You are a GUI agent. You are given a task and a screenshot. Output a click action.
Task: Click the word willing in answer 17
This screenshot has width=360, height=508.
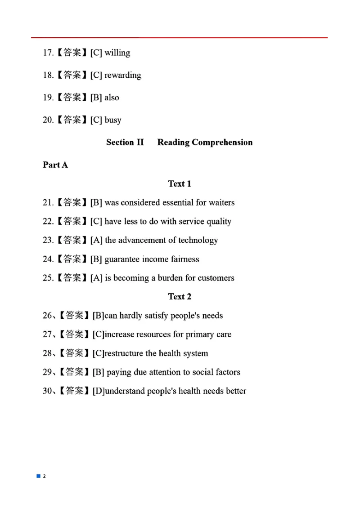(117, 53)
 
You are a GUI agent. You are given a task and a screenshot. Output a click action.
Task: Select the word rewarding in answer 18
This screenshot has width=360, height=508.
(123, 76)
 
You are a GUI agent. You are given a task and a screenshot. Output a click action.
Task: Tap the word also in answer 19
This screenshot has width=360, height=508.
(112, 98)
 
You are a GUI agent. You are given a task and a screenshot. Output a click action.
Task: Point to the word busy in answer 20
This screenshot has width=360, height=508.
(113, 120)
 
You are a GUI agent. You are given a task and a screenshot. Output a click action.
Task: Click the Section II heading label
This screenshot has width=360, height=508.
(125, 143)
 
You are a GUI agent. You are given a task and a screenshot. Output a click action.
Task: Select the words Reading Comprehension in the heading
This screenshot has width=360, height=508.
(205, 143)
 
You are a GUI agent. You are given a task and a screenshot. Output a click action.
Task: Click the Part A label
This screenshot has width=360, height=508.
(55, 165)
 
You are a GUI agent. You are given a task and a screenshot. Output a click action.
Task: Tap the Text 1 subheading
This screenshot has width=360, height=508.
(180, 184)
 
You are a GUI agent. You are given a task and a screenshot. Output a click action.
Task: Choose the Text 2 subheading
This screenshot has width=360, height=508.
(180, 297)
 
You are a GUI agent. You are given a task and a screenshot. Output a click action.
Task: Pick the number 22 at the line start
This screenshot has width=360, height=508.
(48, 222)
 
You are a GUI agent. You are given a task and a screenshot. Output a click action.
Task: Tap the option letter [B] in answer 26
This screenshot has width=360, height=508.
(99, 316)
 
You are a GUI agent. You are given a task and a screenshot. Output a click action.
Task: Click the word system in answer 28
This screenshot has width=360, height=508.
(194, 353)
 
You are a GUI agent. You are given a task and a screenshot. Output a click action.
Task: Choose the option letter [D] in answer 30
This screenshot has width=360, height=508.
(99, 391)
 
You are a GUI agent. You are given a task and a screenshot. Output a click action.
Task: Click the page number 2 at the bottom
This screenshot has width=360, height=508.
(44, 476)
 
